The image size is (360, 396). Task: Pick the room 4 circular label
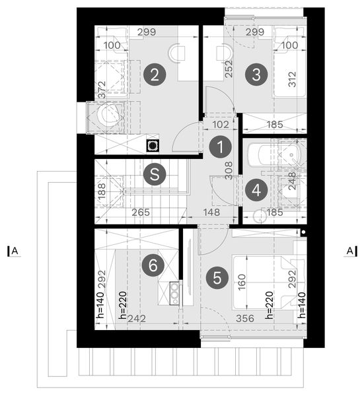[x=256, y=189]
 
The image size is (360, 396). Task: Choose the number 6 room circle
[x=153, y=266]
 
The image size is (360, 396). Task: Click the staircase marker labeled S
[x=154, y=174]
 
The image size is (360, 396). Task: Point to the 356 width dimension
[x=245, y=318]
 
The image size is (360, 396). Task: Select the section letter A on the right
[x=349, y=251]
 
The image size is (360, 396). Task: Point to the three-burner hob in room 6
[x=175, y=292]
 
